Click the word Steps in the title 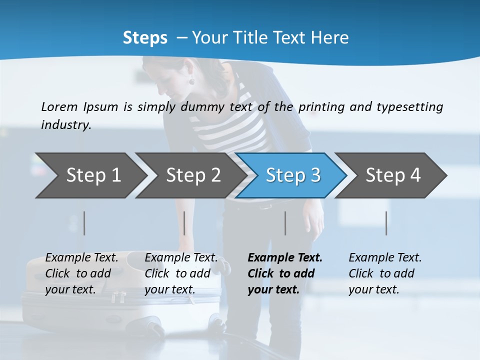pos(145,37)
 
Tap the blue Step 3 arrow pos(293,175)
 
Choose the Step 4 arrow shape pos(393,175)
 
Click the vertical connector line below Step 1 pos(84,223)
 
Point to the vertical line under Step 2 pos(184,223)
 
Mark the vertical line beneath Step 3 pos(285,223)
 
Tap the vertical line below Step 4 pos(386,223)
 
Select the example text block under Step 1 pos(81,273)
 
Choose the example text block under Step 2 pos(181,273)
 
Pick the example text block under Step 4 pos(385,273)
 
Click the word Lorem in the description pos(59,106)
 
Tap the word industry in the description pos(66,124)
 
